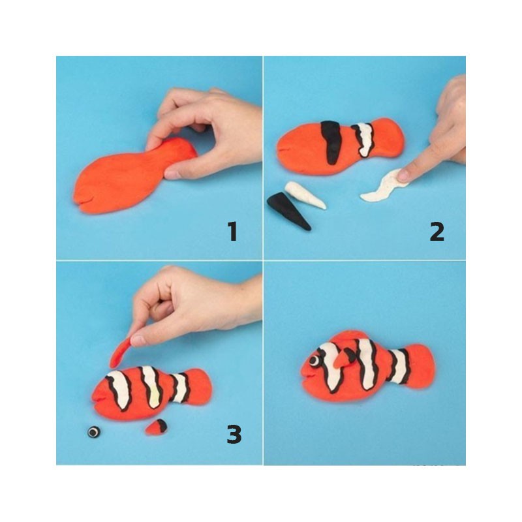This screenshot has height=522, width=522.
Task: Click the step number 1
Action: point(233,232)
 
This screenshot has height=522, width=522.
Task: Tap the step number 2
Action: point(437,232)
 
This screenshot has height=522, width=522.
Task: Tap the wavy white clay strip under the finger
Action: point(383,187)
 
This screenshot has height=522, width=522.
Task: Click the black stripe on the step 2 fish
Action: point(332,142)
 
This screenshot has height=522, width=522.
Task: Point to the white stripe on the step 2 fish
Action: point(365,140)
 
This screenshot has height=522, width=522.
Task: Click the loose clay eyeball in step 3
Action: point(94,432)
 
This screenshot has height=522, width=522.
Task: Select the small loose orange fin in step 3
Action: point(157,427)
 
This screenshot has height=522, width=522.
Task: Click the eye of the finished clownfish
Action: point(314,360)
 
